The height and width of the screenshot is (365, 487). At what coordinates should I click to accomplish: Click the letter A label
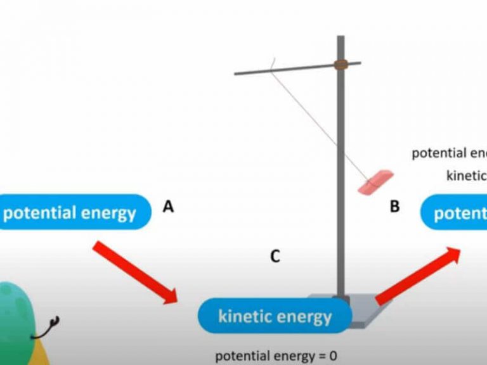[x=168, y=206]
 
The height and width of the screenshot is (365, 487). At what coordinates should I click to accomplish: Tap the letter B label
[x=395, y=206]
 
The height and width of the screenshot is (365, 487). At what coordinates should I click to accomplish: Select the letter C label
[x=275, y=256]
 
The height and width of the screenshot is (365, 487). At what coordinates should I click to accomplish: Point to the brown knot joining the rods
[x=341, y=64]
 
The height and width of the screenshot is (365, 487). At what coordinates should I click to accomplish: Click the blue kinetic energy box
[x=275, y=315]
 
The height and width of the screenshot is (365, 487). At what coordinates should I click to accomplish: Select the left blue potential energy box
[x=73, y=212]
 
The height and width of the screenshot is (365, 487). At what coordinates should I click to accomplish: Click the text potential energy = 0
[x=276, y=355]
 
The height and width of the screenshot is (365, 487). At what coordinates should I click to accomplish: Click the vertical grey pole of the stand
[x=341, y=190]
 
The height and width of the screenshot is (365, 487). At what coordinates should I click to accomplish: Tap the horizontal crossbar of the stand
[x=285, y=69]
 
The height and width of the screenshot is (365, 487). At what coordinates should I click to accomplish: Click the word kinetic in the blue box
[x=246, y=316]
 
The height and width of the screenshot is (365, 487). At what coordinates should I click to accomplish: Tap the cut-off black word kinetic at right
[x=466, y=176]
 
